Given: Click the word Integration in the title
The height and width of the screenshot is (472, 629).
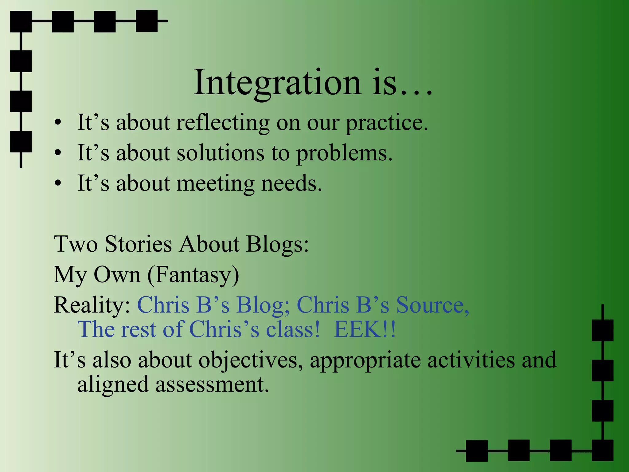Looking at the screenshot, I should [x=277, y=82].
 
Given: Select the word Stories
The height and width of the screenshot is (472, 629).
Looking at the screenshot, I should [x=138, y=244].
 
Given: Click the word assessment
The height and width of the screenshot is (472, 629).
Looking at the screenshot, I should [x=212, y=384].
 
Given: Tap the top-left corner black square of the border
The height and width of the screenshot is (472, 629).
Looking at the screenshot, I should [x=21, y=22].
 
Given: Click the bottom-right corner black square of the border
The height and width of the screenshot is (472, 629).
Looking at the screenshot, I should [x=603, y=450].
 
